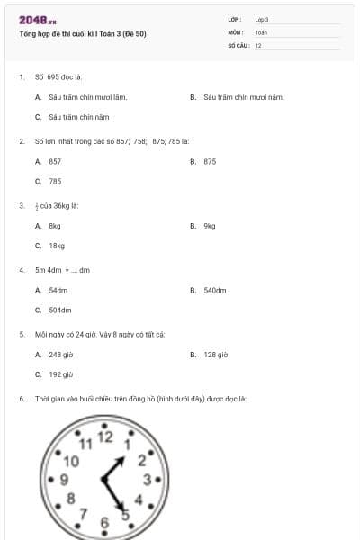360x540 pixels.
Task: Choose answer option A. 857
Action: (x=49, y=161)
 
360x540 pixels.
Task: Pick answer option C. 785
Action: (x=49, y=181)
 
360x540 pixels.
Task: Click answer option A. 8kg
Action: (x=49, y=226)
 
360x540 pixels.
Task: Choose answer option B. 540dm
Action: (x=208, y=291)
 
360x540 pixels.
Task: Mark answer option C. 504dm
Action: (x=53, y=310)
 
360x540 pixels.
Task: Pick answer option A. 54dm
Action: (x=51, y=291)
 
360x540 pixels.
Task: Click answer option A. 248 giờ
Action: (x=54, y=355)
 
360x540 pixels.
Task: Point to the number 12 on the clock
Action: (x=105, y=437)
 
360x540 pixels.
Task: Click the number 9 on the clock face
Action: (x=64, y=480)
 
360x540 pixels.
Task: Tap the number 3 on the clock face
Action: (x=147, y=480)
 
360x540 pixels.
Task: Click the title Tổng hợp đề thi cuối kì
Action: (x=82, y=34)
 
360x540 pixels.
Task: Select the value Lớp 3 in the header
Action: (x=262, y=19)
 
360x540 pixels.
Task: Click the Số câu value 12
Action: (x=258, y=45)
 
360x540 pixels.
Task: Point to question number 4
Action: (x=21, y=269)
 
